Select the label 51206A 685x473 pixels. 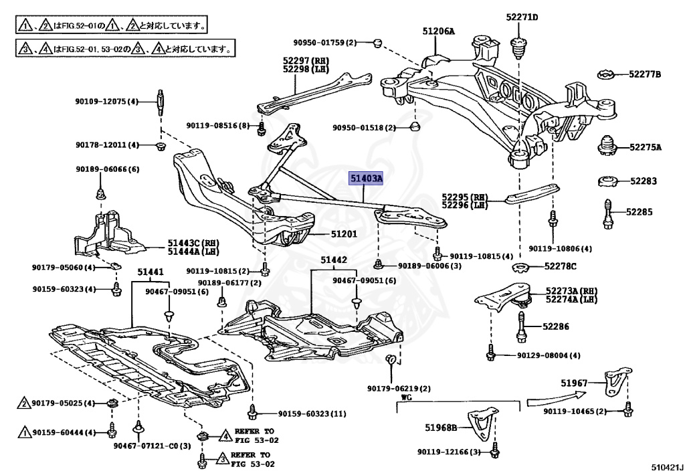(x=438, y=31)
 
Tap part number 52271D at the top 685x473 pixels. (x=522, y=17)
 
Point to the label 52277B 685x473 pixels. (x=644, y=74)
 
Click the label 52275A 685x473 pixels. (x=644, y=147)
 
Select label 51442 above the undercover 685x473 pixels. (x=333, y=260)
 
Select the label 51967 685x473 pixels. (x=574, y=383)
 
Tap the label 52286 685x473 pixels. (x=556, y=327)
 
